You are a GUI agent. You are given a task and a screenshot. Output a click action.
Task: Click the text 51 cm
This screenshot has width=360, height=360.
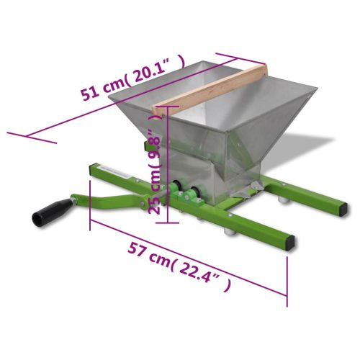pyautogui.click(x=102, y=90)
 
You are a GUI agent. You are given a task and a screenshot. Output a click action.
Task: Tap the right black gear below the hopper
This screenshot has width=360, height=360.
pyautogui.click(x=192, y=193)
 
